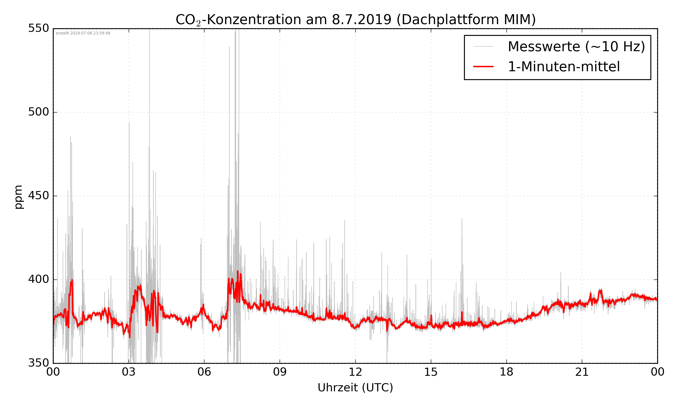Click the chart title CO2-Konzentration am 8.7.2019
point(355,20)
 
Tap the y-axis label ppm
point(19,197)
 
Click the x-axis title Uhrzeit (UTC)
point(355,388)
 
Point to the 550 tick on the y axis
point(38,28)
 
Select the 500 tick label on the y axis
point(38,112)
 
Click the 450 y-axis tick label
point(38,196)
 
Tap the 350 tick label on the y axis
point(38,363)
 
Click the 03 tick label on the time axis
point(129,372)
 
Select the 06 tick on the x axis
point(204,372)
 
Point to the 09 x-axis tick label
point(280,372)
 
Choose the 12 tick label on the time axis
point(355,372)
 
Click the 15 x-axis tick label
point(431,372)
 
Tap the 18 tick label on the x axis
point(506,372)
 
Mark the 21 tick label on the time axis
point(582,372)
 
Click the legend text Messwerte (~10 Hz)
point(576,46)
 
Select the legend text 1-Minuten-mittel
point(564,67)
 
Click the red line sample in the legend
point(483,67)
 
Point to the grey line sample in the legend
point(483,46)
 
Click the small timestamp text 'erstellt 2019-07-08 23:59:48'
point(83,33)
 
